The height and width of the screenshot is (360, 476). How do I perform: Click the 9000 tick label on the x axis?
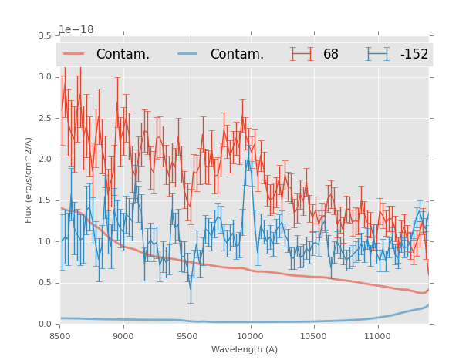(123, 337)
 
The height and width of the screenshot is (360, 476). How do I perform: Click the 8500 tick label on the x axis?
(60, 337)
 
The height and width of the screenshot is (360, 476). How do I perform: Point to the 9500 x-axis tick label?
(187, 337)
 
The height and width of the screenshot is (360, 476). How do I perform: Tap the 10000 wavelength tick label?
(250, 337)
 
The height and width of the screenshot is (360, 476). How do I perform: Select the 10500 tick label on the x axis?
(314, 337)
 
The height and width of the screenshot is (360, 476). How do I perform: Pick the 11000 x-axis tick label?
(377, 337)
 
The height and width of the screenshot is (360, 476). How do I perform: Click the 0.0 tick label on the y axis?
(46, 324)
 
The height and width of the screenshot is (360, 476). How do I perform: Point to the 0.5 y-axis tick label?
(46, 283)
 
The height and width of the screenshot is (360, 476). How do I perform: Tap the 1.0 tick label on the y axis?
(46, 241)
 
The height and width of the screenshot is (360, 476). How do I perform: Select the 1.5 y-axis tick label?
(46, 200)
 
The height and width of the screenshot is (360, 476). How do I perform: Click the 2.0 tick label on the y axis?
(46, 159)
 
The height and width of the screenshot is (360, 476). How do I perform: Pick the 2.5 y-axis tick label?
(46, 118)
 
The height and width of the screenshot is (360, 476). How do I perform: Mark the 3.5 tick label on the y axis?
(46, 35)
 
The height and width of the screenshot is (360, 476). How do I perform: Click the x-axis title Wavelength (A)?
(245, 350)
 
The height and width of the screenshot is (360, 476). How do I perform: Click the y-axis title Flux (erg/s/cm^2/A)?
(29, 180)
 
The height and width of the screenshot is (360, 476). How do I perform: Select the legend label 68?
(331, 54)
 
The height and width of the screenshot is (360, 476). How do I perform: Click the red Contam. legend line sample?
(74, 54)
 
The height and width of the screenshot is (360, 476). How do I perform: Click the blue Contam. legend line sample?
(188, 54)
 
